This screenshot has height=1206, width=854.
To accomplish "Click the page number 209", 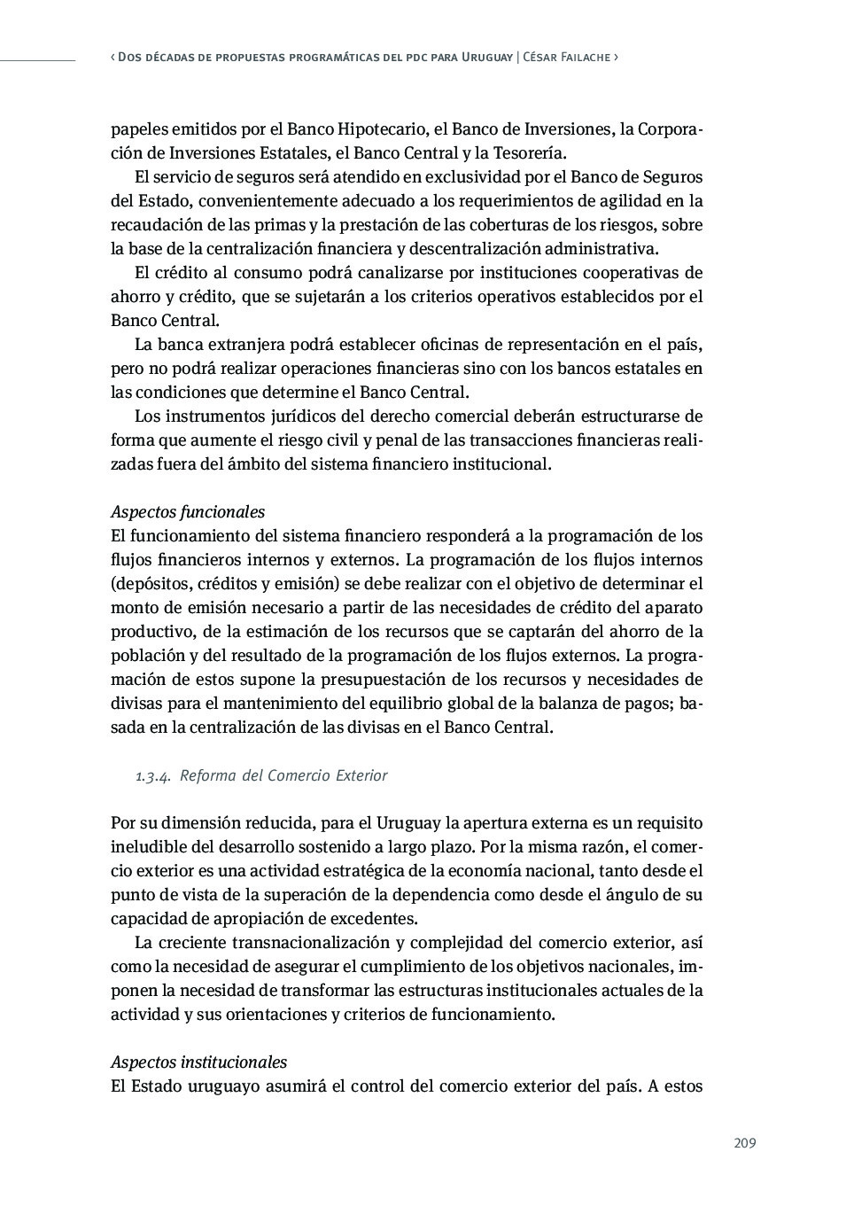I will (x=744, y=1143).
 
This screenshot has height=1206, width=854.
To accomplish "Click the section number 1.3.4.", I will (x=153, y=776).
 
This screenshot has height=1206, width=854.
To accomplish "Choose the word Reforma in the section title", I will (x=207, y=776).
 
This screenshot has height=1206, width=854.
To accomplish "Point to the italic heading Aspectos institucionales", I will (x=198, y=1062).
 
